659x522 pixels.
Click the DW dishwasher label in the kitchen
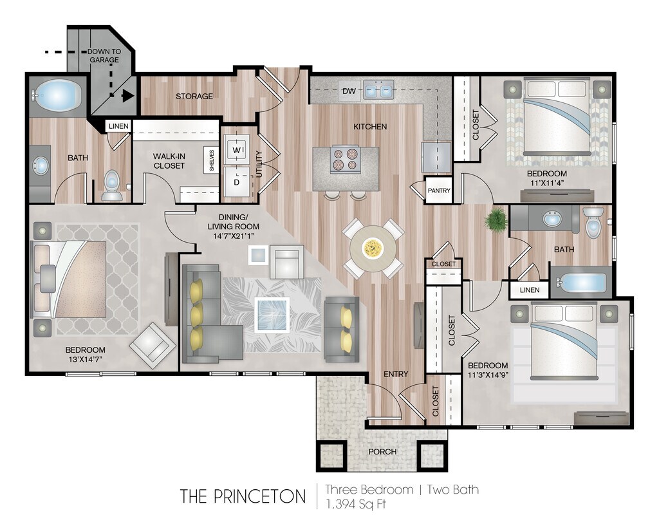(349, 91)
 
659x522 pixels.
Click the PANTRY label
(439, 191)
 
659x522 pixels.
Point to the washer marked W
(237, 149)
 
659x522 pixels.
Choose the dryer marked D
(237, 182)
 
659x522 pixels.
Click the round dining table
(373, 248)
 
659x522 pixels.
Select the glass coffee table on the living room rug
(272, 315)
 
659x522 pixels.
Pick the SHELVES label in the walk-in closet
(212, 160)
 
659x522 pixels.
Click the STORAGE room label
(194, 97)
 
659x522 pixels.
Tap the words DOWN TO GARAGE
(104, 55)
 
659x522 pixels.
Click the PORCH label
(382, 451)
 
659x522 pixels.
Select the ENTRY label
(396, 374)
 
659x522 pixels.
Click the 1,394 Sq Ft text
(355, 503)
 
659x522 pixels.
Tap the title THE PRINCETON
(243, 496)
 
